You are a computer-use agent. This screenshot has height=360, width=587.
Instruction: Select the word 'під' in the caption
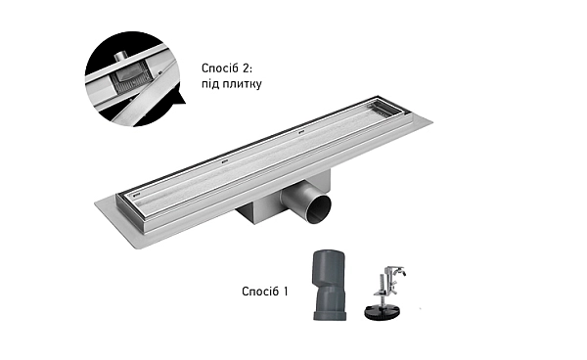click(x=210, y=84)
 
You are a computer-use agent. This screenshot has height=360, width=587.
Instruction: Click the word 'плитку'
click(x=243, y=84)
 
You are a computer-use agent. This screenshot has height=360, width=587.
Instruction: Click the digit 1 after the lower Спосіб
click(x=286, y=292)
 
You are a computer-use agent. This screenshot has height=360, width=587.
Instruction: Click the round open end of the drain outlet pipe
click(x=318, y=209)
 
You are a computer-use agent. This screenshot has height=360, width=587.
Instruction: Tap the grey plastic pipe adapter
click(x=329, y=286)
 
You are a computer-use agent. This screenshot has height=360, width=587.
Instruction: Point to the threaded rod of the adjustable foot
click(x=383, y=289)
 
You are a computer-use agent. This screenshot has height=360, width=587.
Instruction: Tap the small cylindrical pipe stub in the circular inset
click(x=121, y=57)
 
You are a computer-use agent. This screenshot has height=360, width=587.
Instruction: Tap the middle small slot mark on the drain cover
click(x=225, y=162)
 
